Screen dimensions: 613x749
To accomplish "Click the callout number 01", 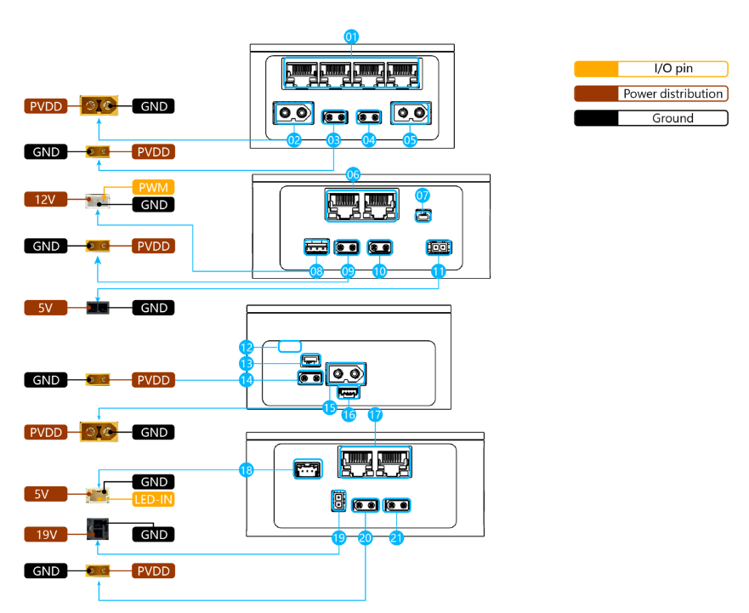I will pyautogui.click(x=351, y=37).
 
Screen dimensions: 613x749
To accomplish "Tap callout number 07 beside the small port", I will pyautogui.click(x=423, y=196).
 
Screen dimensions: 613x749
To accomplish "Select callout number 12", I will pyautogui.click(x=247, y=347).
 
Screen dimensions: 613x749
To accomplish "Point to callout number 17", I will pyautogui.click(x=376, y=416).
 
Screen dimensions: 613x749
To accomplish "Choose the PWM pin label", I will pyautogui.click(x=153, y=186).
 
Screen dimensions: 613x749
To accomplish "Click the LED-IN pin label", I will pyautogui.click(x=153, y=499).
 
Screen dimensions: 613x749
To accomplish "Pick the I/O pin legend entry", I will pyautogui.click(x=651, y=70).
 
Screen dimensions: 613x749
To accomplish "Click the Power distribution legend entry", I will pyautogui.click(x=651, y=94).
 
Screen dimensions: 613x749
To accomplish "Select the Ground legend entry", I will pyautogui.click(x=651, y=118).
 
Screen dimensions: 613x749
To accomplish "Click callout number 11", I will pyautogui.click(x=439, y=272).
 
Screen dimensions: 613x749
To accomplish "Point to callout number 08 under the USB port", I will pyautogui.click(x=317, y=272).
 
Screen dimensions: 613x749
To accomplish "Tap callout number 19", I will pyautogui.click(x=339, y=537).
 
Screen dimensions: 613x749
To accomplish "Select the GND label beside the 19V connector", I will pyautogui.click(x=153, y=534).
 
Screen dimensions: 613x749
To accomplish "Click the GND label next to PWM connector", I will pyautogui.click(x=153, y=205).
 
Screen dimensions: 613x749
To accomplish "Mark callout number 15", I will pyautogui.click(x=329, y=408).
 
